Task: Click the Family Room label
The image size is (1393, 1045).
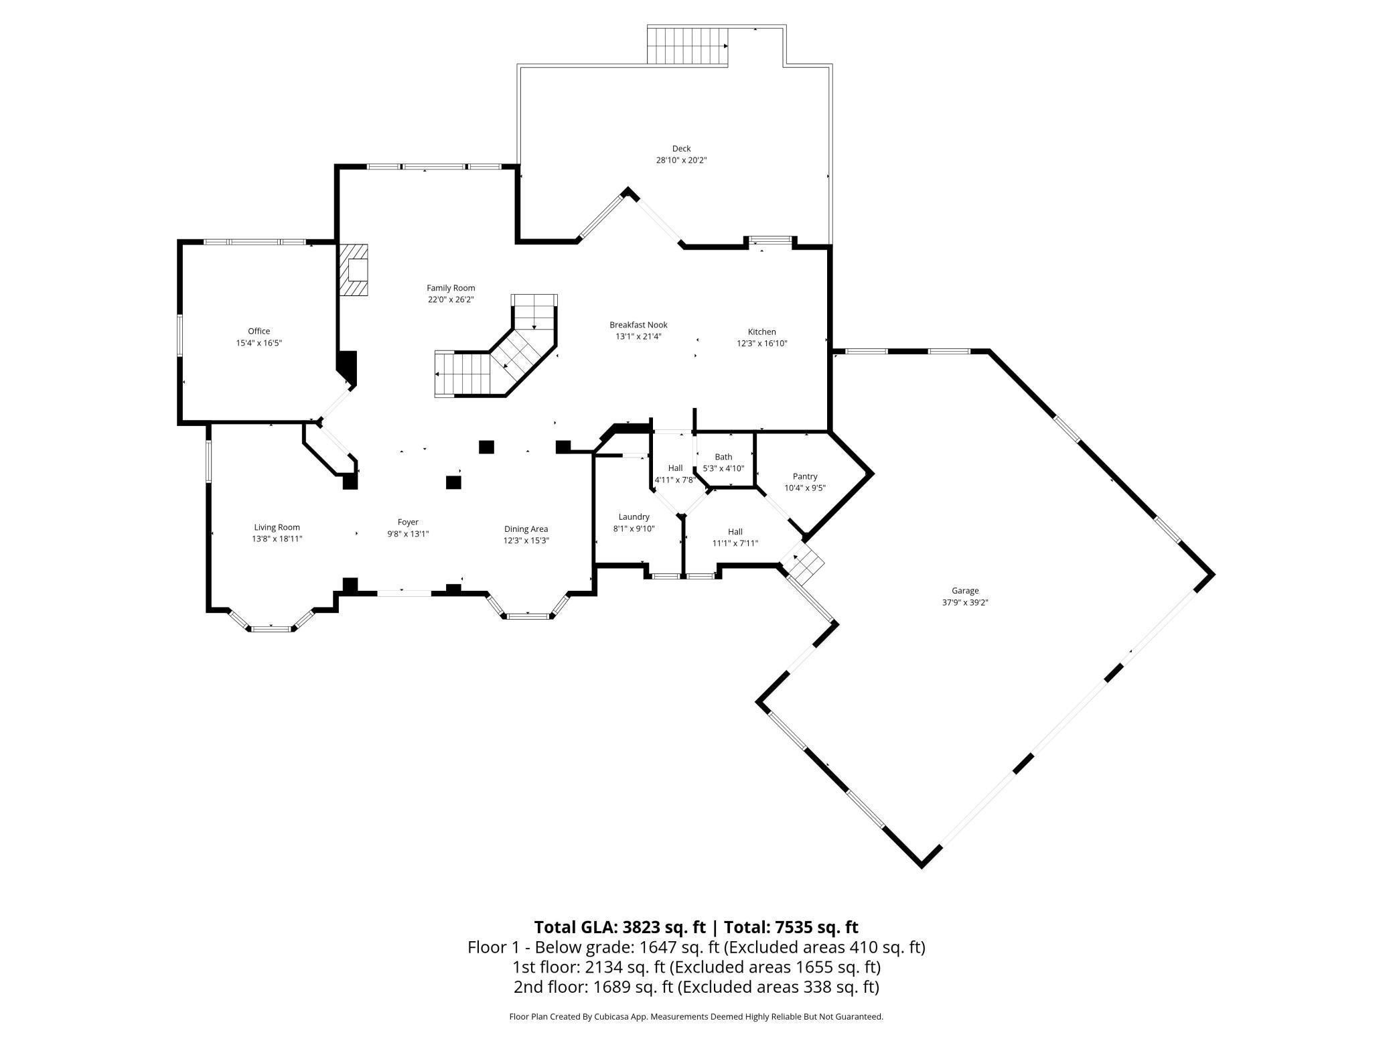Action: tap(451, 288)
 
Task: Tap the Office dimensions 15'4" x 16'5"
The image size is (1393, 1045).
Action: tap(259, 343)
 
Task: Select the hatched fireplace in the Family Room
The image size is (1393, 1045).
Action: tap(354, 269)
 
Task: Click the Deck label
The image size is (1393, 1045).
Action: tap(681, 149)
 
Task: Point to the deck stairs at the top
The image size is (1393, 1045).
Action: tap(686, 46)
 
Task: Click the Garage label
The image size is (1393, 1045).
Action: tap(965, 591)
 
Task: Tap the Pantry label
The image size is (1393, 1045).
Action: tap(805, 476)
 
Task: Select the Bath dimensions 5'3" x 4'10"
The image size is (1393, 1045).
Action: tap(723, 468)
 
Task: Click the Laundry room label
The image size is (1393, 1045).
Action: tap(634, 516)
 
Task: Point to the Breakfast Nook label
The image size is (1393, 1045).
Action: tap(638, 325)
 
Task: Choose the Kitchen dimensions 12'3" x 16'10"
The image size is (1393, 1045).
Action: tap(761, 344)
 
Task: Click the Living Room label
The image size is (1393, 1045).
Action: tap(277, 527)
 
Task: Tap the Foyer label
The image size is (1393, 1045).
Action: tap(408, 522)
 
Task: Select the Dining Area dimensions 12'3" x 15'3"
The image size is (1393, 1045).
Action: tap(526, 541)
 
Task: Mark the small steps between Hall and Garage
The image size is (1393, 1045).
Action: tap(804, 561)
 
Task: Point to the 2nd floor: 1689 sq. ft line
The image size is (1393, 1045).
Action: tap(696, 987)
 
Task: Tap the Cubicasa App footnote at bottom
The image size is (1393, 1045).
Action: tap(696, 1016)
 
